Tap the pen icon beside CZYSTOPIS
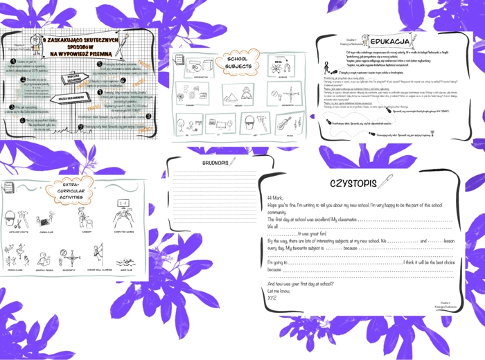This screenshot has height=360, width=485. pyautogui.click(x=385, y=181)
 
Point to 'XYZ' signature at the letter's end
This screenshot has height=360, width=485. pyautogui.click(x=272, y=297)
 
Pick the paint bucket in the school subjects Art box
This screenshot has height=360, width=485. pyautogui.click(x=247, y=125)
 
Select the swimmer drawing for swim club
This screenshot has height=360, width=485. pyautogui.click(x=124, y=264)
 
